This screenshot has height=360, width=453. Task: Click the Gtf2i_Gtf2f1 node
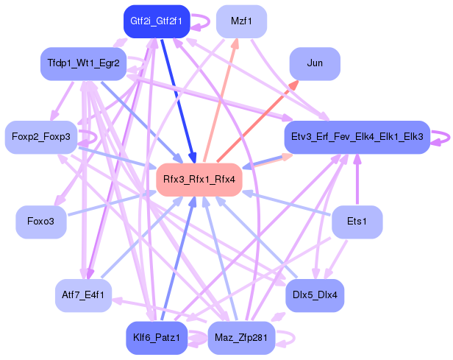click(156, 21)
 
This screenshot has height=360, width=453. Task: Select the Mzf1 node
click(241, 21)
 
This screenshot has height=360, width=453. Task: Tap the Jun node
click(315, 63)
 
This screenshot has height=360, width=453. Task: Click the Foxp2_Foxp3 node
click(41, 137)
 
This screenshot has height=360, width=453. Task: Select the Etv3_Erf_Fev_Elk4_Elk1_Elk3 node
click(357, 137)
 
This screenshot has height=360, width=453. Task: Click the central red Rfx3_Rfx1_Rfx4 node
click(199, 180)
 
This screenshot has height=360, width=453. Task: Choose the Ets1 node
click(357, 222)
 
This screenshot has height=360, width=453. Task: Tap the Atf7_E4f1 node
click(83, 295)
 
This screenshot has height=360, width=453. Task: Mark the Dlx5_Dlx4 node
click(315, 295)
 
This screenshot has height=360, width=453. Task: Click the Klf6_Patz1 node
click(156, 338)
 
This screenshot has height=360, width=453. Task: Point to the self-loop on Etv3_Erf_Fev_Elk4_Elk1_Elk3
click(441, 137)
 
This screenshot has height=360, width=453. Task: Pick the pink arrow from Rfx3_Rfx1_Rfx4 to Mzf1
click(219, 103)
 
